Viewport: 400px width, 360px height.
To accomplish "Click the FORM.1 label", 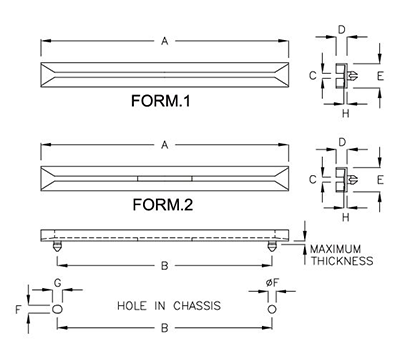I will [x=166, y=102].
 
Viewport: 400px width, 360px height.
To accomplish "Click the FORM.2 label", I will [x=166, y=206].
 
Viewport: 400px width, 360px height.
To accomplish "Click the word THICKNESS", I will [x=341, y=261].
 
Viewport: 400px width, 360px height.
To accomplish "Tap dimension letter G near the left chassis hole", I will [x=57, y=285].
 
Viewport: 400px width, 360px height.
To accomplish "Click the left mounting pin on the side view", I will [x=59, y=244].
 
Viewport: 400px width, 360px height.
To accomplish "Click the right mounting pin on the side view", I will [x=272, y=244].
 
